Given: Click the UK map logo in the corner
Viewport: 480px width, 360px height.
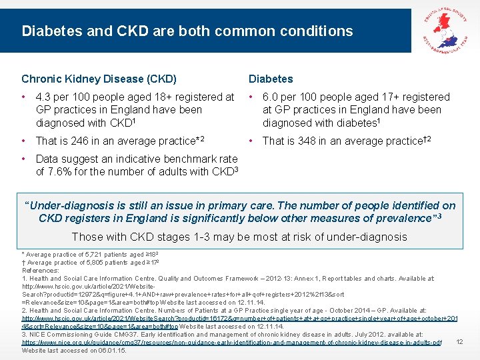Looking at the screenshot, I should [446, 27].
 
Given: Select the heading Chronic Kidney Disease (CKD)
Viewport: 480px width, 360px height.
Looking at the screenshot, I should [99, 79].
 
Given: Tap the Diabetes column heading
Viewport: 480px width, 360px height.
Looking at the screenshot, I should [271, 79].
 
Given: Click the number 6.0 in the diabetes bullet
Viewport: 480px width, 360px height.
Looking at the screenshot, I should [271, 97].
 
